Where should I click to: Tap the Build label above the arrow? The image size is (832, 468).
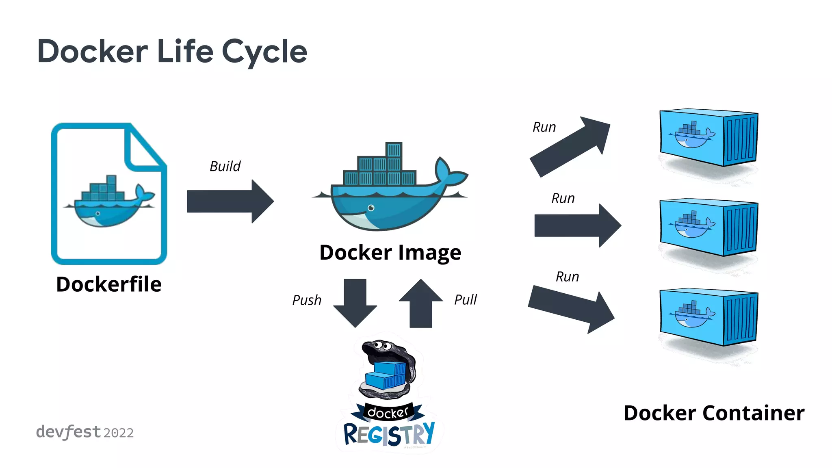tap(225, 166)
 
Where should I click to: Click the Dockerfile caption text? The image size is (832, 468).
tap(109, 284)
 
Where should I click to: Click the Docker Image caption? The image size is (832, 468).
tap(390, 252)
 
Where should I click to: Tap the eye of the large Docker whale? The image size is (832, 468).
tap(371, 208)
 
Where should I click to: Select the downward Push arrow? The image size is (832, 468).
tap(355, 303)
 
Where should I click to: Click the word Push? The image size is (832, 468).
tap(307, 300)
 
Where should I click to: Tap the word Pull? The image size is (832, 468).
tap(465, 300)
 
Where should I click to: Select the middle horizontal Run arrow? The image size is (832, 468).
tap(577, 225)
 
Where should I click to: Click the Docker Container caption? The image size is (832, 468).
tap(714, 413)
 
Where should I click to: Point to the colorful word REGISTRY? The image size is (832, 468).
tap(389, 434)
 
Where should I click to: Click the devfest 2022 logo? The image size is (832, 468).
tap(84, 432)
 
